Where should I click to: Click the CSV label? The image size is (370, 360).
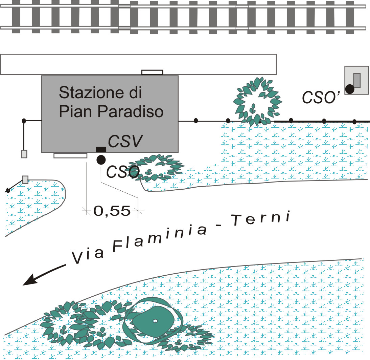point(125,141)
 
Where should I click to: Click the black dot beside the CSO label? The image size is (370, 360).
point(101,160)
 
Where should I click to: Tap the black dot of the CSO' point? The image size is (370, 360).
point(350,89)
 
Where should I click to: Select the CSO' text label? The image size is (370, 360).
point(321,97)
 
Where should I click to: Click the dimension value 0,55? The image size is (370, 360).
point(112,211)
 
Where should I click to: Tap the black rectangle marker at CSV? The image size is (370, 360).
point(101,149)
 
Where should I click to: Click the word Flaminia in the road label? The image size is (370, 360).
point(160,238)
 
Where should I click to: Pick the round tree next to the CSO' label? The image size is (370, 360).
point(257,101)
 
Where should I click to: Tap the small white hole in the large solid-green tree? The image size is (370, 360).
point(155,321)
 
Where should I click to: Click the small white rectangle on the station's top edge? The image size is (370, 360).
point(152,72)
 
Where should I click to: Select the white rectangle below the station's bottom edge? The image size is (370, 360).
point(70,155)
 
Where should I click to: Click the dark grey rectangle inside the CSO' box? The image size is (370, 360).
point(357,81)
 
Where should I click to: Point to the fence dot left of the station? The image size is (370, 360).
point(24,121)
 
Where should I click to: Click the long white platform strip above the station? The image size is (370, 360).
point(138,64)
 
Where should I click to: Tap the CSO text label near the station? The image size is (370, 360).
point(123,171)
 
